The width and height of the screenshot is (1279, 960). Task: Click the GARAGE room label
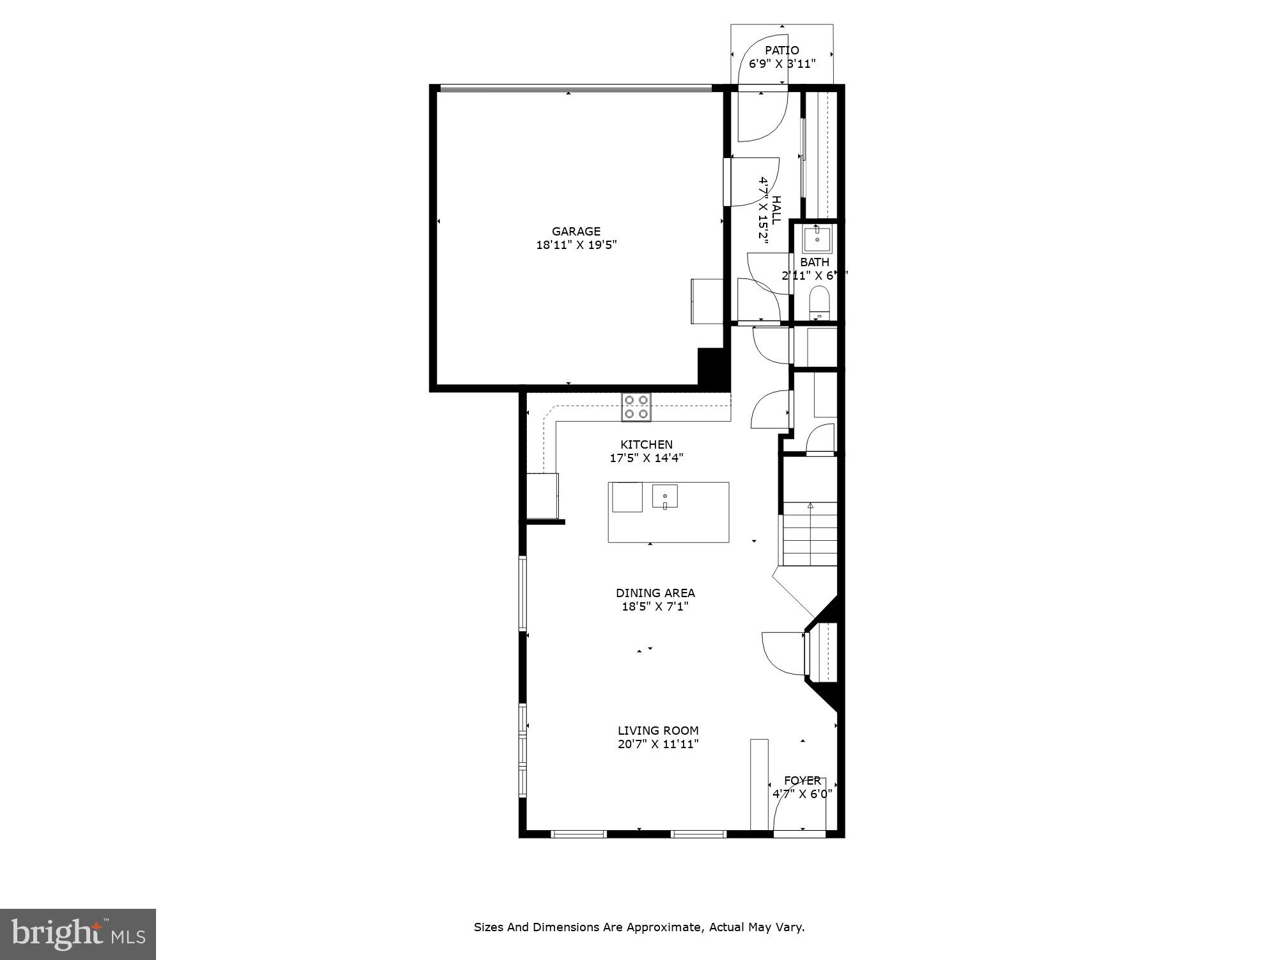pyautogui.click(x=576, y=232)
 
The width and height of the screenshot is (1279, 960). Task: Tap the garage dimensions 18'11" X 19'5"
pyautogui.click(x=576, y=245)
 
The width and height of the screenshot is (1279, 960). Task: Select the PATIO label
pyautogui.click(x=781, y=51)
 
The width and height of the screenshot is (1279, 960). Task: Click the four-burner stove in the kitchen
pyautogui.click(x=636, y=407)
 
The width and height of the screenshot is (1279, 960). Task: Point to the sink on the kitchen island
pyautogui.click(x=665, y=497)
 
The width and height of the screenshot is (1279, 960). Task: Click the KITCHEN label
pyautogui.click(x=647, y=445)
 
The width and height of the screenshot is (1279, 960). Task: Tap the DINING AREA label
pyautogui.click(x=655, y=593)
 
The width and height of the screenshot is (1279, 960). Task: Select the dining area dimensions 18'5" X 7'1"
pyautogui.click(x=655, y=607)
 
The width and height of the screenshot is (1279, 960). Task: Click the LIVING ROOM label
pyautogui.click(x=658, y=731)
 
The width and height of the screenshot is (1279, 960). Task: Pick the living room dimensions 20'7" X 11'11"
pyautogui.click(x=658, y=744)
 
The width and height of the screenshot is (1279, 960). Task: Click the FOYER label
pyautogui.click(x=803, y=781)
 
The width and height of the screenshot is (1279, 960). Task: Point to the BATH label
pyautogui.click(x=815, y=262)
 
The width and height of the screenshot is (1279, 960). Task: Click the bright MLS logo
pyautogui.click(x=78, y=934)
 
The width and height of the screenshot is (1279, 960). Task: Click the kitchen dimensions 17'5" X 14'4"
pyautogui.click(x=647, y=458)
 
